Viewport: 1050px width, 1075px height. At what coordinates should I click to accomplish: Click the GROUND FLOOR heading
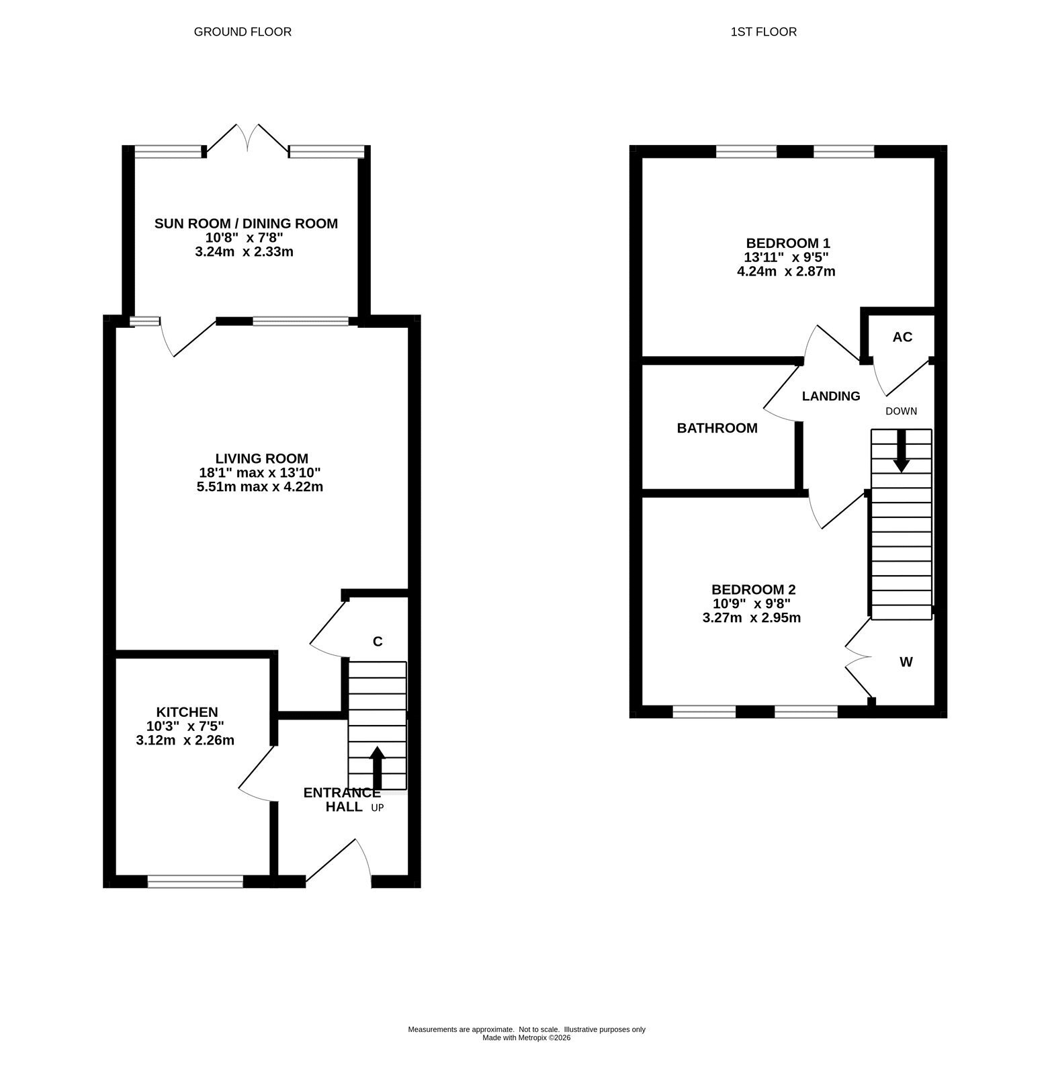243,32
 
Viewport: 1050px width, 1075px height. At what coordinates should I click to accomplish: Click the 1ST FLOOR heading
764,32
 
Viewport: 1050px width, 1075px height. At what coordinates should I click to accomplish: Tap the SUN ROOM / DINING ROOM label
246,224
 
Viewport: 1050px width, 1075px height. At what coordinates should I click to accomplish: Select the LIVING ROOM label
262,459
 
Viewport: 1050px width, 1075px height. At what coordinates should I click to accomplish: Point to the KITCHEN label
187,712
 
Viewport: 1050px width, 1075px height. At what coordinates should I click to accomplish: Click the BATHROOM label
717,428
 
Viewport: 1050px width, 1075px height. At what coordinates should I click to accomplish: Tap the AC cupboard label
902,337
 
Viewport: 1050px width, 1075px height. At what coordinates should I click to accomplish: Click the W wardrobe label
906,662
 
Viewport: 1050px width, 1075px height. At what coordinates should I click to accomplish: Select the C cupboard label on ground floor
378,642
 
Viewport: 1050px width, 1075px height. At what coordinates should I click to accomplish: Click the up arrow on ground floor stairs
377,768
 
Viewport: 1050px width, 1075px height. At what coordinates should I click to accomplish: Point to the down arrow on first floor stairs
902,450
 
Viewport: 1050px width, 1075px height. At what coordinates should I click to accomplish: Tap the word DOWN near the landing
901,411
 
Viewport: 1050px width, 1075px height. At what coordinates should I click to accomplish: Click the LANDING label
831,396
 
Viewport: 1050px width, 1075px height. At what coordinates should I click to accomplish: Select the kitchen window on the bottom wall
195,881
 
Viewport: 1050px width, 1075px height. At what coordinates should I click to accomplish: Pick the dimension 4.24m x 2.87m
786,272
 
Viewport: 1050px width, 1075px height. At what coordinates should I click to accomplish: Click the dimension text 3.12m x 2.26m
185,740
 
